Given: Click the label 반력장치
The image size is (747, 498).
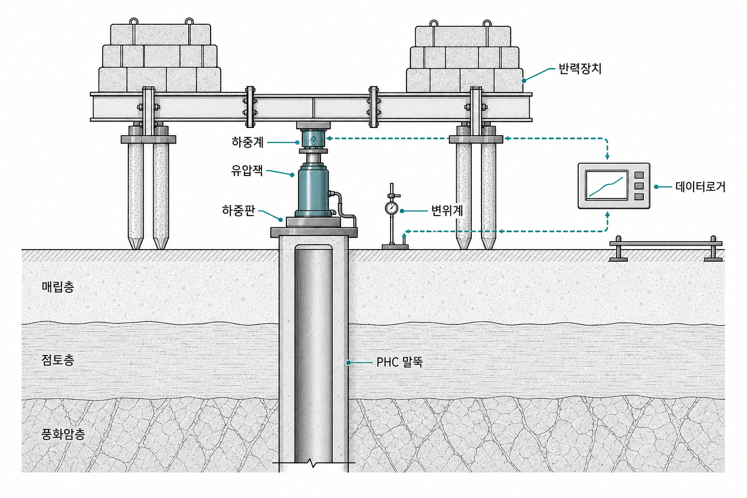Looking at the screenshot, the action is pyautogui.click(x=580, y=69).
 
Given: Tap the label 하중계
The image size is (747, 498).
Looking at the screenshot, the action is pyautogui.click(x=248, y=142).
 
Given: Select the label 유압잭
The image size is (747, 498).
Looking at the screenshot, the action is pyautogui.click(x=247, y=171).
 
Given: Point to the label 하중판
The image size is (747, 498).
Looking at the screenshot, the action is pyautogui.click(x=238, y=211).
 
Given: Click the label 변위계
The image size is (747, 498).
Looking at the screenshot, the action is pyautogui.click(x=447, y=211).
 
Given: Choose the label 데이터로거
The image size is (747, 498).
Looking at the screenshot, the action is pyautogui.click(x=700, y=187).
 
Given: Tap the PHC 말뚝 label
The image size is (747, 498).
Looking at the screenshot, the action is pyautogui.click(x=399, y=362).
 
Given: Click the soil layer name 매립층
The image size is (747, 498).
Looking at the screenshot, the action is pyautogui.click(x=58, y=287).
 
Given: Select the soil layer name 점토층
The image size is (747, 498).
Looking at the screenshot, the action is pyautogui.click(x=58, y=360).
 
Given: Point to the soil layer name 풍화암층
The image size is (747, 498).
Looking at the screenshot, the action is pyautogui.click(x=63, y=434).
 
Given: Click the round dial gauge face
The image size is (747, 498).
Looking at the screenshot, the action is pyautogui.click(x=391, y=208).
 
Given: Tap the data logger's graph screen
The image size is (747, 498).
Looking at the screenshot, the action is pyautogui.click(x=606, y=185).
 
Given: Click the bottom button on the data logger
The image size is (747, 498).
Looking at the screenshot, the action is pyautogui.click(x=639, y=197).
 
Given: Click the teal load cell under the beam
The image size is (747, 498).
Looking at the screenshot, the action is pyautogui.click(x=313, y=139).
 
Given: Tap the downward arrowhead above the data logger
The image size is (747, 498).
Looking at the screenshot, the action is pyautogui.click(x=607, y=156).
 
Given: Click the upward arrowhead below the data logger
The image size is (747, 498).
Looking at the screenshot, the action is pyautogui.click(x=607, y=215).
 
